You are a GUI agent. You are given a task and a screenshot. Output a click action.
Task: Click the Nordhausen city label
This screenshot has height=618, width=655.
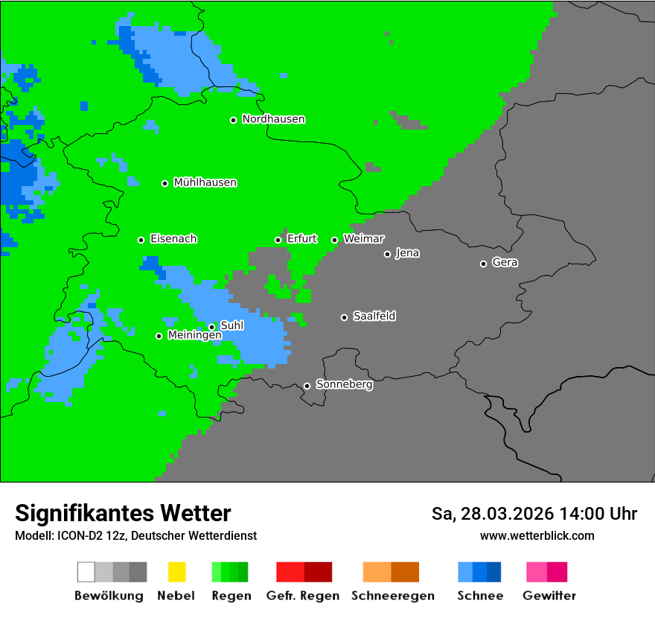coord(273,119)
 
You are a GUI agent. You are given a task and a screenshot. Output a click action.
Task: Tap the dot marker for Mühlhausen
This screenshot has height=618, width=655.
coord(165,183)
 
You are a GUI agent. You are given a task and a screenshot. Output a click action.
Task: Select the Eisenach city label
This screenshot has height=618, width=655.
coord(173,239)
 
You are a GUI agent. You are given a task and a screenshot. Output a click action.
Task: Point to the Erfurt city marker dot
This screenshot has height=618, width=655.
coord(278,240)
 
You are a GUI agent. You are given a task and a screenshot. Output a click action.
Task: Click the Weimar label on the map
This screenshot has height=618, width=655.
coord(363,239)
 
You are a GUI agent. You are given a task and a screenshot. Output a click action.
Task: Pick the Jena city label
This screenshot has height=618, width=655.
coord(407,253)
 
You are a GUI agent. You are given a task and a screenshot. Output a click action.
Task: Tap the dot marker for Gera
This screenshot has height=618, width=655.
coord(483,264)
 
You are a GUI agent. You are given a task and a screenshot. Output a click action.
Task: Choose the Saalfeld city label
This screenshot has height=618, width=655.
coord(374,316)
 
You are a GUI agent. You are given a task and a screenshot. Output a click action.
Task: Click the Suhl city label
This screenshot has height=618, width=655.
coord(232,325)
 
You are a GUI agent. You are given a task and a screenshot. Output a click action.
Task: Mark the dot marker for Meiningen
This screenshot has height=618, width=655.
coord(159,336)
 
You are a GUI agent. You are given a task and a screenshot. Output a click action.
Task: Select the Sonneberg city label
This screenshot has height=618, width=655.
coord(345,385)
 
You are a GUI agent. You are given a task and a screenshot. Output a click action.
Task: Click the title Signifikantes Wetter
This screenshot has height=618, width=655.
coord(123,513)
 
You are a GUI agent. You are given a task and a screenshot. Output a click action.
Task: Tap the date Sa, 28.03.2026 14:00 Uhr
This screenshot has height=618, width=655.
coord(534,514)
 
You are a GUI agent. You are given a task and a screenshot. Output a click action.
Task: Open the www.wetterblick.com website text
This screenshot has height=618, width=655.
coord(537,535)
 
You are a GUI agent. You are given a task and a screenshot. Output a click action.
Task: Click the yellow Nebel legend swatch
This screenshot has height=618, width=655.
coord(176,572)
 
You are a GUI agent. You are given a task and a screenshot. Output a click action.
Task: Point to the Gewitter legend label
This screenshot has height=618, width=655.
coord(549,596)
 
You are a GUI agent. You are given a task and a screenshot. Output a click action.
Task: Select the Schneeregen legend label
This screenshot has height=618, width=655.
coord(393,596)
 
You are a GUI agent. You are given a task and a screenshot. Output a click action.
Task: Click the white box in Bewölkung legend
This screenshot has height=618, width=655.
coord(86,572)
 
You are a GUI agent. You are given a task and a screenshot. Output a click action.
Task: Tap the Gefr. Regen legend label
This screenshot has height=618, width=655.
coord(303,596)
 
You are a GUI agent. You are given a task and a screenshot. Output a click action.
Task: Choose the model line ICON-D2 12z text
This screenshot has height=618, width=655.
coord(135,535)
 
